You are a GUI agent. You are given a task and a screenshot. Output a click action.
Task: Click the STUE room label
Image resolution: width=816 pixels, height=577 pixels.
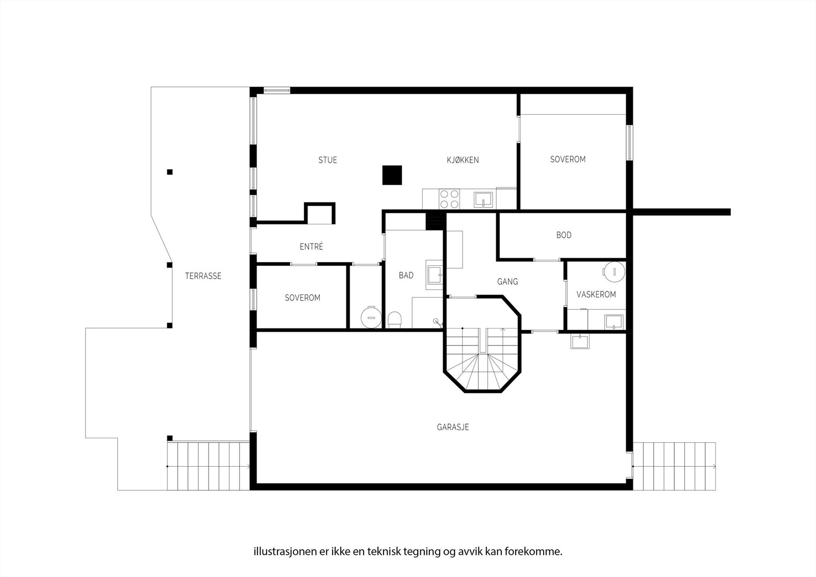click(327, 160)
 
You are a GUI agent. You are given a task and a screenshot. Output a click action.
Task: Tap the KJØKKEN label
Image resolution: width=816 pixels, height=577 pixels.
click(463, 160)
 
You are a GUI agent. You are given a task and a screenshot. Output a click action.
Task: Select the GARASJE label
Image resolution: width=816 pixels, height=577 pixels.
click(453, 427)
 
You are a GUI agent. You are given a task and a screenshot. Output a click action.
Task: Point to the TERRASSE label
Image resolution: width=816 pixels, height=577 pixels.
click(203, 276)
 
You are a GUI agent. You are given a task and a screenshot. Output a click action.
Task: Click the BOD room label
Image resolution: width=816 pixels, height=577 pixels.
click(564, 235)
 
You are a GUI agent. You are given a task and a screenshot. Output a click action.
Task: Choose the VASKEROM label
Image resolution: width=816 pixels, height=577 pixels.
click(596, 294)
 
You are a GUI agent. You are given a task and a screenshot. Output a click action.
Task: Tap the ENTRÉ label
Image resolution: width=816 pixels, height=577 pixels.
click(311, 246)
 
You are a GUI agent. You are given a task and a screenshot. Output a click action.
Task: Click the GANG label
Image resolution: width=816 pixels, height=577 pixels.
click(507, 282)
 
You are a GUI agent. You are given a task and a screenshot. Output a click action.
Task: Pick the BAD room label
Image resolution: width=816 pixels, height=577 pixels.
click(406, 275)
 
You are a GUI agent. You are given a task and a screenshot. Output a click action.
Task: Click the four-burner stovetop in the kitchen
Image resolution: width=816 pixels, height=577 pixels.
click(449, 198)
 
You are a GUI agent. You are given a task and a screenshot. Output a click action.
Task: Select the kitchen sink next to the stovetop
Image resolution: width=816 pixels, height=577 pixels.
click(483, 199)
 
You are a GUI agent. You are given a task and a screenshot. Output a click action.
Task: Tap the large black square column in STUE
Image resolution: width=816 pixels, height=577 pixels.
click(392, 175)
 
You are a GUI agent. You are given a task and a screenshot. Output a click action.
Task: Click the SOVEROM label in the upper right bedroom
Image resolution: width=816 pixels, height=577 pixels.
click(568, 160)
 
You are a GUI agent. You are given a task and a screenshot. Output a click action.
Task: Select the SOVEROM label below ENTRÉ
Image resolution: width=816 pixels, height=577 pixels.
click(302, 298)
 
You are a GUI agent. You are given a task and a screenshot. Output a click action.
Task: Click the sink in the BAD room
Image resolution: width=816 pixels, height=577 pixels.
click(435, 275)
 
